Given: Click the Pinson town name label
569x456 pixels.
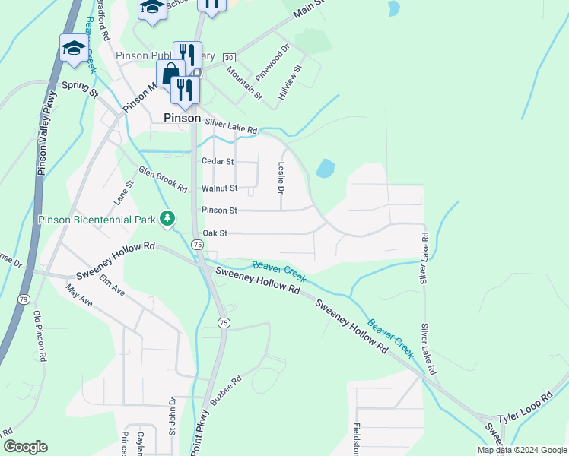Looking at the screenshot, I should point(183,118).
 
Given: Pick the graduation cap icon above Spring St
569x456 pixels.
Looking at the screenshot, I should point(74,49).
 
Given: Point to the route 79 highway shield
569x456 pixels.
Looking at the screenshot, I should point(24,299).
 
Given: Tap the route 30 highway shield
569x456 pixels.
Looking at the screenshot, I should point(230,58).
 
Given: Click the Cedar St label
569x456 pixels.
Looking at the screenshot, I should point(218,161).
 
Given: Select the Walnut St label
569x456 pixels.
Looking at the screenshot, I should point(219,188).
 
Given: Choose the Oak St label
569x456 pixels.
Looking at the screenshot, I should point(215,233).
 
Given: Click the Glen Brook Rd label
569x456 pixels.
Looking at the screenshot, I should point(162,180).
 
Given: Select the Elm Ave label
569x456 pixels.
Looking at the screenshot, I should point(113,284).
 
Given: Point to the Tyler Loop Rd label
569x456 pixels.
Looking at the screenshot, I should point(526,409).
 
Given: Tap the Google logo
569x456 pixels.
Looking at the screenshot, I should point(25,447).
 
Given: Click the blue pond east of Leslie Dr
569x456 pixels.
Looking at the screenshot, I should point(325,168).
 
